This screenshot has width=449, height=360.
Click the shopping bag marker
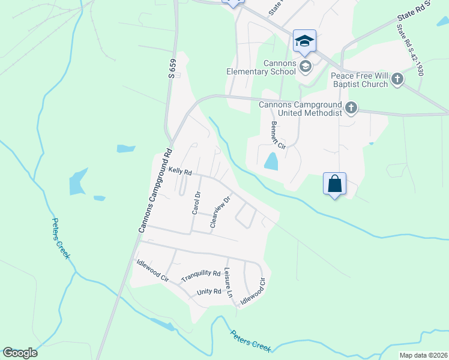pos(335,184)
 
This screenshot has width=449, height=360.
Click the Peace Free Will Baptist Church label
pos(360,80)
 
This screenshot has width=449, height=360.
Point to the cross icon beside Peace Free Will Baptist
pos(397,79)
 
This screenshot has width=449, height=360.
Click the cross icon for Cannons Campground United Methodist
pos(351,109)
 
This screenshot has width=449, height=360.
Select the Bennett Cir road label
pos(278,136)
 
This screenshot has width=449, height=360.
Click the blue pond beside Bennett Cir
pos(271,161)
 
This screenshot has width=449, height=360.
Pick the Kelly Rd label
pos(179,172)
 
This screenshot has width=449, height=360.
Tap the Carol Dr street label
pos(195,203)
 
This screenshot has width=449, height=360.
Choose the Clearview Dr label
pos(220,212)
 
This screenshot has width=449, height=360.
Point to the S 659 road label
pos(172,68)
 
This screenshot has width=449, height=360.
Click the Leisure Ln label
pos(228,283)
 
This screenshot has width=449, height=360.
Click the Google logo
pos(20,353)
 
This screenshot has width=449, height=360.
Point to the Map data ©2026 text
pos(423,355)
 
